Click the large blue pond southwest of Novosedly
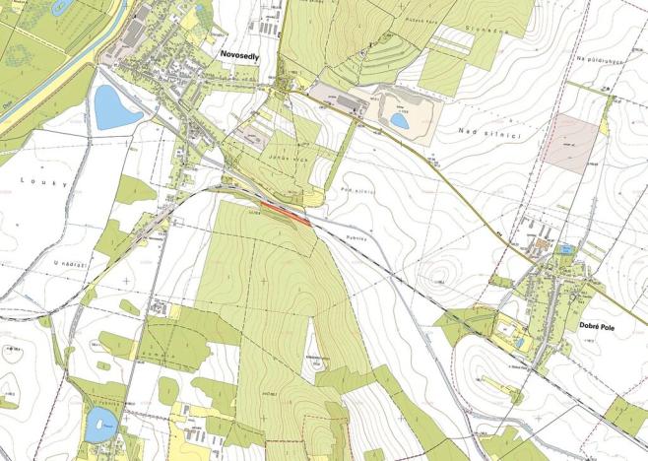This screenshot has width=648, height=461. point(117,106)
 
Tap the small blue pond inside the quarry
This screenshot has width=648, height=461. point(399,120)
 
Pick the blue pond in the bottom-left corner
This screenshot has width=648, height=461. point(100,425)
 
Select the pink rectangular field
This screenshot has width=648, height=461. point(573,137)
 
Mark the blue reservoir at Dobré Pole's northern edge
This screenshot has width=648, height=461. point(565,250)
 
